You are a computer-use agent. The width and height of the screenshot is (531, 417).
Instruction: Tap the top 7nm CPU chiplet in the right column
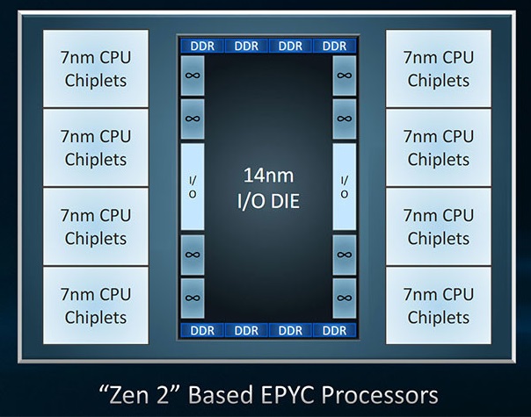tap(437, 69)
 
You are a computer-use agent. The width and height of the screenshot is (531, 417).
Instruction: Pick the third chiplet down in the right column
tap(437, 226)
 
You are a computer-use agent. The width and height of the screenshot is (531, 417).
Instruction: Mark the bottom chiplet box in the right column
tap(437, 306)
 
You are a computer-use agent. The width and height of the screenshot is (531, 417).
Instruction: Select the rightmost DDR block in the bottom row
tap(334, 330)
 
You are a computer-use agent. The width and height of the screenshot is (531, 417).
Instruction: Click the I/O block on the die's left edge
tap(193, 187)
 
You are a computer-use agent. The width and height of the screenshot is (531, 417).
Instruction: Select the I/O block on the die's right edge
tap(344, 187)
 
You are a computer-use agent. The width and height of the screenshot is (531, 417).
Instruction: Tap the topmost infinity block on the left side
tap(193, 75)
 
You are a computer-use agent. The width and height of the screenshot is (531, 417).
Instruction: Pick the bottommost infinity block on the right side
tap(344, 297)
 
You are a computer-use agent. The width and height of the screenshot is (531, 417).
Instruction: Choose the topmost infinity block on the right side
tap(344, 75)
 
